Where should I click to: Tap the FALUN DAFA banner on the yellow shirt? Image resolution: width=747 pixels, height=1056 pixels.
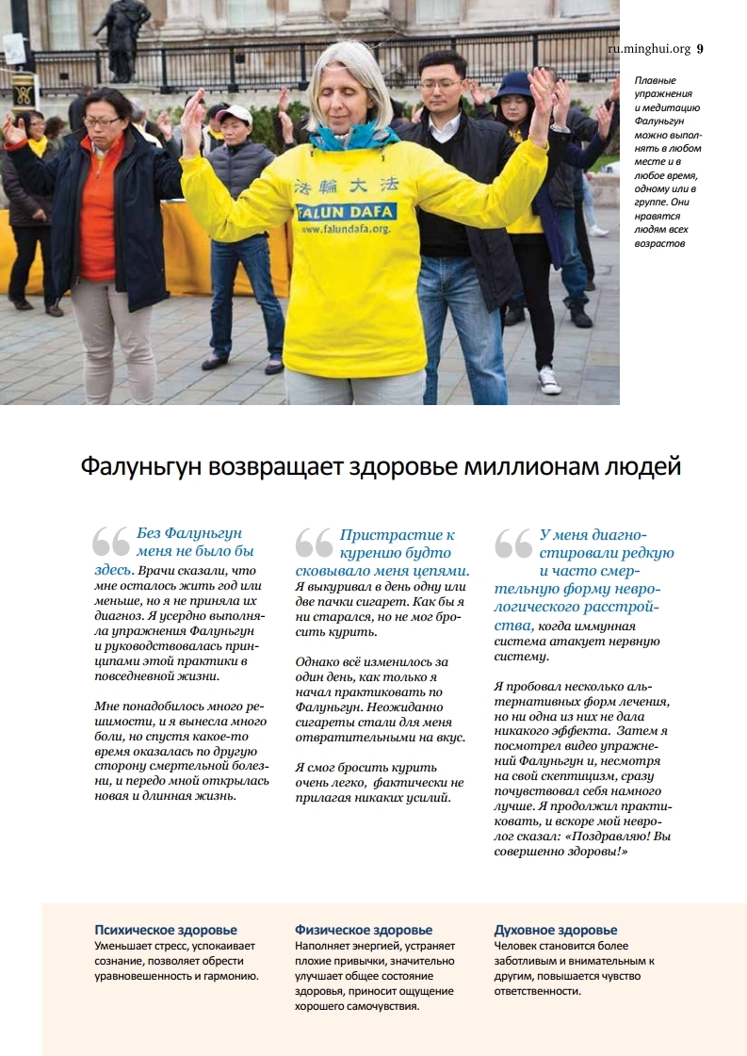click(345, 211)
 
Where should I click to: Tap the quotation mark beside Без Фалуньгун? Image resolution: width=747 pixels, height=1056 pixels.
click(111, 541)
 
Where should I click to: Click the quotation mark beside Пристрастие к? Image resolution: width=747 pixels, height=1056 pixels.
click(314, 541)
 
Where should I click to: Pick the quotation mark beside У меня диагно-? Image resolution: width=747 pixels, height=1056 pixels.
click(513, 541)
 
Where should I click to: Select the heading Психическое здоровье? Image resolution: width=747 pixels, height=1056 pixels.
click(166, 930)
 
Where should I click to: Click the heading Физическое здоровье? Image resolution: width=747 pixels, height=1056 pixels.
click(364, 930)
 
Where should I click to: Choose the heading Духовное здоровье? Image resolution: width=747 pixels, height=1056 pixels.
click(556, 930)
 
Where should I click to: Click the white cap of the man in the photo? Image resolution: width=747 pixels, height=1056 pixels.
click(234, 114)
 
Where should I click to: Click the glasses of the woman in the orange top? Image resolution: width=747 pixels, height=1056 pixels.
click(102, 121)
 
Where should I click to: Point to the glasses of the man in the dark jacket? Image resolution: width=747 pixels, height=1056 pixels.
click(441, 86)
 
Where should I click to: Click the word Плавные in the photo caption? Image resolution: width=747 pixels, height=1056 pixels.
click(655, 81)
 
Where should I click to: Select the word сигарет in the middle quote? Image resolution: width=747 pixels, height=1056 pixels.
click(391, 601)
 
